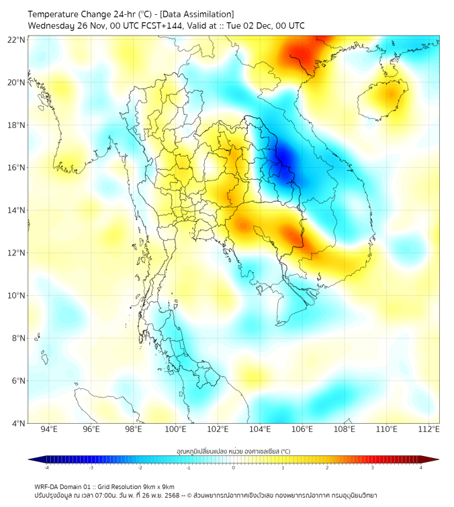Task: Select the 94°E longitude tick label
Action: (49, 429)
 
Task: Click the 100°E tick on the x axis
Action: (176, 429)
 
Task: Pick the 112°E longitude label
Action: (429, 429)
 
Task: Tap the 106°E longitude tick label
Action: (303, 429)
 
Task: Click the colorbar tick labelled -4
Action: (46, 467)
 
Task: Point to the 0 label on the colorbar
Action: (234, 467)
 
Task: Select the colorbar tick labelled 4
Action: (420, 467)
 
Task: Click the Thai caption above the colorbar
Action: (233, 451)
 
